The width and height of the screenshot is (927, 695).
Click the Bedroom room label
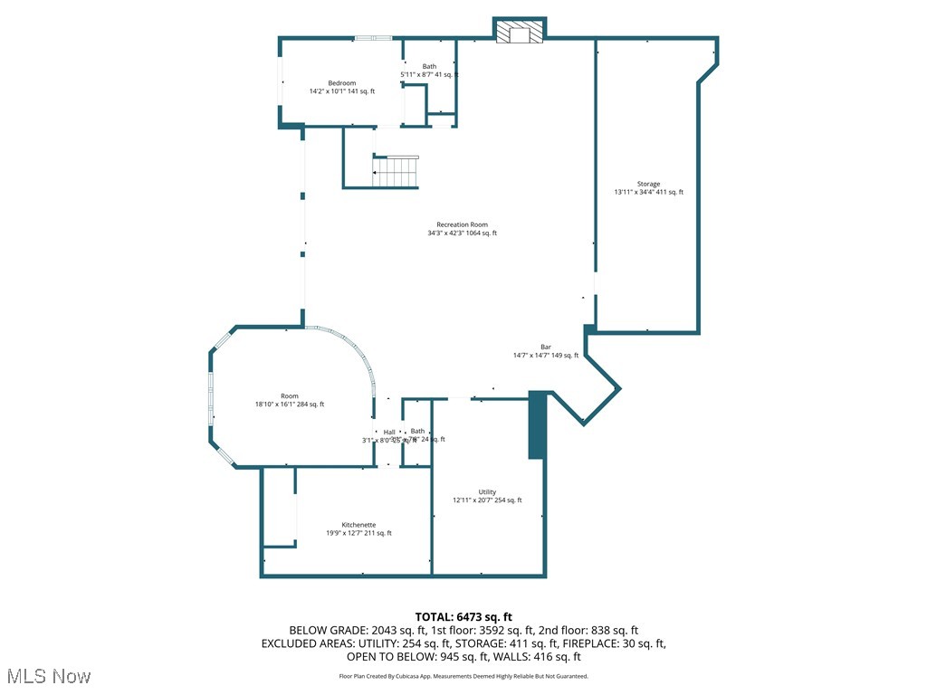341,83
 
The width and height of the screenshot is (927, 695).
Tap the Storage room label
648,184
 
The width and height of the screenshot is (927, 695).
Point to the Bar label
546,347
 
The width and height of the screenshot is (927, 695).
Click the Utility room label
487,492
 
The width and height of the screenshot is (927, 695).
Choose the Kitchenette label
358,525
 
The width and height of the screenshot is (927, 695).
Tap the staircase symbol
397,170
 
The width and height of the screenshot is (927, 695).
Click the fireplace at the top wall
520,33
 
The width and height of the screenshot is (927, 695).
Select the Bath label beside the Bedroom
429,66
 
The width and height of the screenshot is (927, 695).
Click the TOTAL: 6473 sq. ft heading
463,617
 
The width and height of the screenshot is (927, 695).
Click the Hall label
389,432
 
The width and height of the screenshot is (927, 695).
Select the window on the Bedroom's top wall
372,38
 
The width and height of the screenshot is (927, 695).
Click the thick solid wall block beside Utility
537,424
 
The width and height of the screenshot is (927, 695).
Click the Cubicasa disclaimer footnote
463,676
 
